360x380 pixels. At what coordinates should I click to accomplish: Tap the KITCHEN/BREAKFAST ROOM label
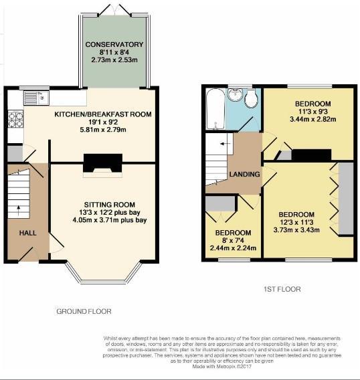coord(103,114)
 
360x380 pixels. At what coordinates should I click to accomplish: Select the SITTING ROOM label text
coord(110,205)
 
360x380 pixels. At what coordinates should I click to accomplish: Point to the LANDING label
coord(244,175)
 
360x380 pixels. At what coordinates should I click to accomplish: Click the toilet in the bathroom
coord(251,101)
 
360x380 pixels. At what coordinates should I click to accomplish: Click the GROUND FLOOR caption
coord(84,311)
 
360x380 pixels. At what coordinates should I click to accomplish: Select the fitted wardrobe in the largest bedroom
coord(346,199)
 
